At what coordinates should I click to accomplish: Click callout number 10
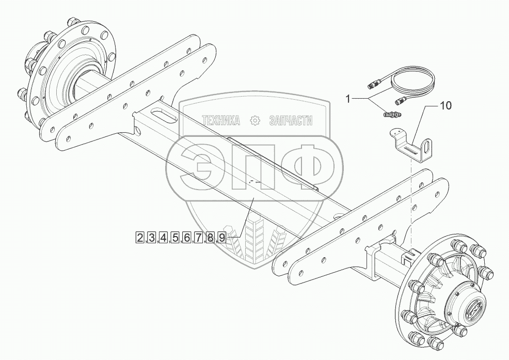(x=445, y=106)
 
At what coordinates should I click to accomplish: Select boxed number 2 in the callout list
(x=140, y=238)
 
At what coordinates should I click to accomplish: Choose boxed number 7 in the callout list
(x=199, y=238)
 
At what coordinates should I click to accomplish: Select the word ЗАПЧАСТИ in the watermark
(x=291, y=121)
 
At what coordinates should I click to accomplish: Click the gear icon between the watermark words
(x=254, y=121)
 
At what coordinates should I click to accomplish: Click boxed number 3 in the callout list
(x=152, y=238)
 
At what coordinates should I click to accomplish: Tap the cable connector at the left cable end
(x=373, y=83)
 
